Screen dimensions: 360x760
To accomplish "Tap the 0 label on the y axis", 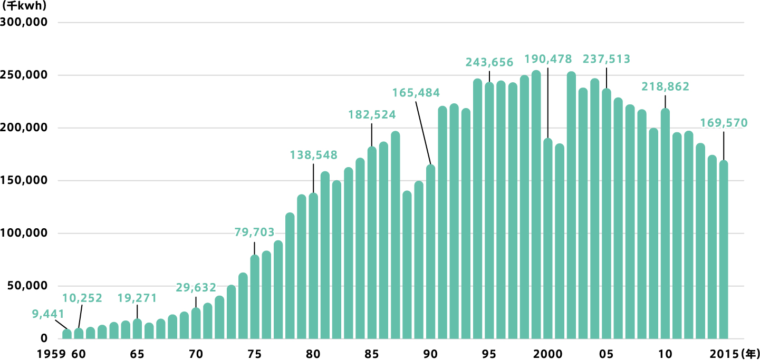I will (44, 338).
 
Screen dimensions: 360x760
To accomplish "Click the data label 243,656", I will (489, 62).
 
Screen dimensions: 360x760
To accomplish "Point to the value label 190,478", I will (548, 59).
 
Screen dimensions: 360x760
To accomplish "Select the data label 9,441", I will (44, 315).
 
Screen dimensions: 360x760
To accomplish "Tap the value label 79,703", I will (255, 232).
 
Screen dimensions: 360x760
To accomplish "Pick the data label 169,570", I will (724, 123).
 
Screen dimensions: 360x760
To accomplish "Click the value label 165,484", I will (416, 93).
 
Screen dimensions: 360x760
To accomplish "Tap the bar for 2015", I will (724, 250).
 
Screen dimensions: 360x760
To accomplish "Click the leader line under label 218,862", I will (665, 102).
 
